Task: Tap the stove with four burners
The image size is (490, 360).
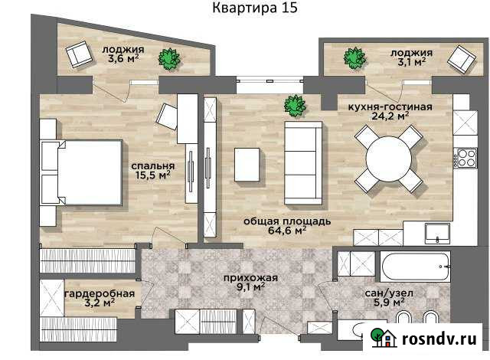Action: [x=465, y=159]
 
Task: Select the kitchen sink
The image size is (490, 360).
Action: [x=439, y=233]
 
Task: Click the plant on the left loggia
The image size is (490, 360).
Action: [x=169, y=58]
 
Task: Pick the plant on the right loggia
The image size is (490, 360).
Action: [x=354, y=57]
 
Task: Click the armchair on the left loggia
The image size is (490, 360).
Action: [x=79, y=54]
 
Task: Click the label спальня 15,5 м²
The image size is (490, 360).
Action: [x=151, y=170]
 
